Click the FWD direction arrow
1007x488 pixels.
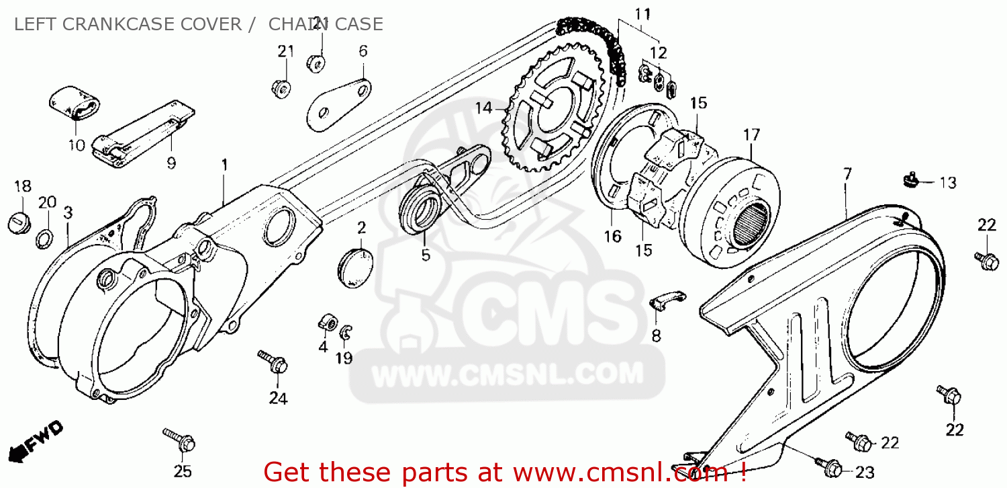(x=36, y=441)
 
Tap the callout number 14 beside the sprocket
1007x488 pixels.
(x=484, y=108)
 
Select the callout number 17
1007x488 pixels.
(x=751, y=134)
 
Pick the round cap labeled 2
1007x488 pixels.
(x=355, y=269)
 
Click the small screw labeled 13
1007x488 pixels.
(x=911, y=179)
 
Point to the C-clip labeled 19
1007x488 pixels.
(x=346, y=333)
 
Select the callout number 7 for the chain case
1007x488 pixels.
(x=847, y=174)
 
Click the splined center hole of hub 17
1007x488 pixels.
(x=751, y=227)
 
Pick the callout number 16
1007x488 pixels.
(x=612, y=236)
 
